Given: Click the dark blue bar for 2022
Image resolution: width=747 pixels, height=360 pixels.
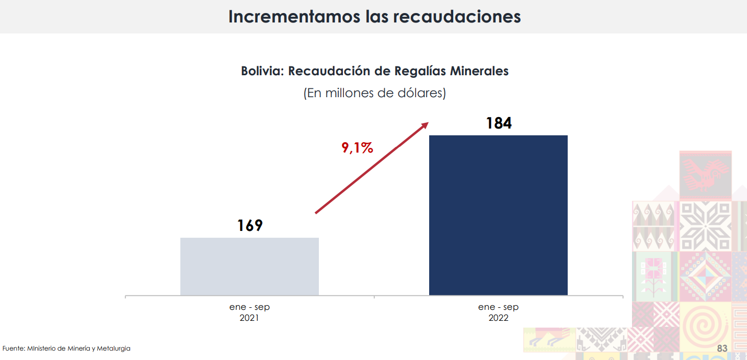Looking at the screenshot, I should [x=498, y=215].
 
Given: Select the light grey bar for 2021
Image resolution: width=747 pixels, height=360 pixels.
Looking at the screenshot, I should [x=249, y=266].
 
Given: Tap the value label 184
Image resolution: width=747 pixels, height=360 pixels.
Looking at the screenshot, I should [x=498, y=123].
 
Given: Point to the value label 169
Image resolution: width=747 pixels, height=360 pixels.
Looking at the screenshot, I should [x=249, y=226].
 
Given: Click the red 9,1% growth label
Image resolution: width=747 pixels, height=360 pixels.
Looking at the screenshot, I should [x=358, y=148].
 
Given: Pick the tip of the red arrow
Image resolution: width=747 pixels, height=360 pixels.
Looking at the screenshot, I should [x=427, y=123].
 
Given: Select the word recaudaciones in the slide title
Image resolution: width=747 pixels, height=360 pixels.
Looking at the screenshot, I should [x=457, y=16].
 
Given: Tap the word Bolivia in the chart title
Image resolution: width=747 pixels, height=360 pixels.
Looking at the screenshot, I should [x=261, y=71].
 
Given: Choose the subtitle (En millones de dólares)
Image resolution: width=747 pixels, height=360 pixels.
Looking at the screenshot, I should [x=374, y=93].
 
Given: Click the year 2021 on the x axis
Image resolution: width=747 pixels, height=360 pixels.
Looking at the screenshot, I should [x=249, y=318].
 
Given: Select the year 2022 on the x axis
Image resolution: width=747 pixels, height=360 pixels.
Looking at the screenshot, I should [x=498, y=318].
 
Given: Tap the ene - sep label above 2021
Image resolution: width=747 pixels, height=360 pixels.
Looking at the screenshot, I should [x=249, y=307].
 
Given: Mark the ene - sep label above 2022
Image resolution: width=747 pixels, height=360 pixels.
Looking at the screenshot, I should [x=498, y=307].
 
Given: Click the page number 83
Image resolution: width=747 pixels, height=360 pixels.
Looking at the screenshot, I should [x=722, y=349].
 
